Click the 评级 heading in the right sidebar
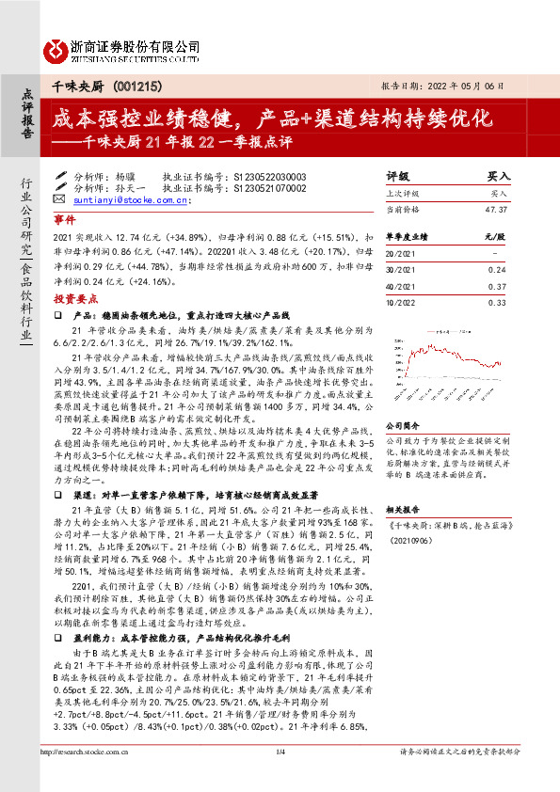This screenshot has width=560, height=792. point(398,176)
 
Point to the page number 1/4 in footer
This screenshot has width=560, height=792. point(280,778)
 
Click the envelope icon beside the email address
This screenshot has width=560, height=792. point(60,199)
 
